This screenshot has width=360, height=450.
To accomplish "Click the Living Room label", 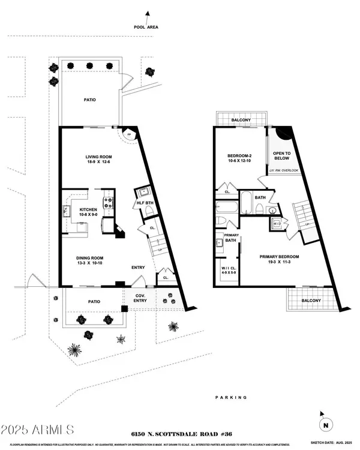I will pos(96,158).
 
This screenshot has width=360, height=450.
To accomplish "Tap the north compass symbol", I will pos(325,424).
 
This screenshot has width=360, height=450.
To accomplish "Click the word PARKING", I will pos(232,397).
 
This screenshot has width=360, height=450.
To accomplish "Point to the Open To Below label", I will pos(281,156).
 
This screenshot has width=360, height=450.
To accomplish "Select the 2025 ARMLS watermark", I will pos(38,430).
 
